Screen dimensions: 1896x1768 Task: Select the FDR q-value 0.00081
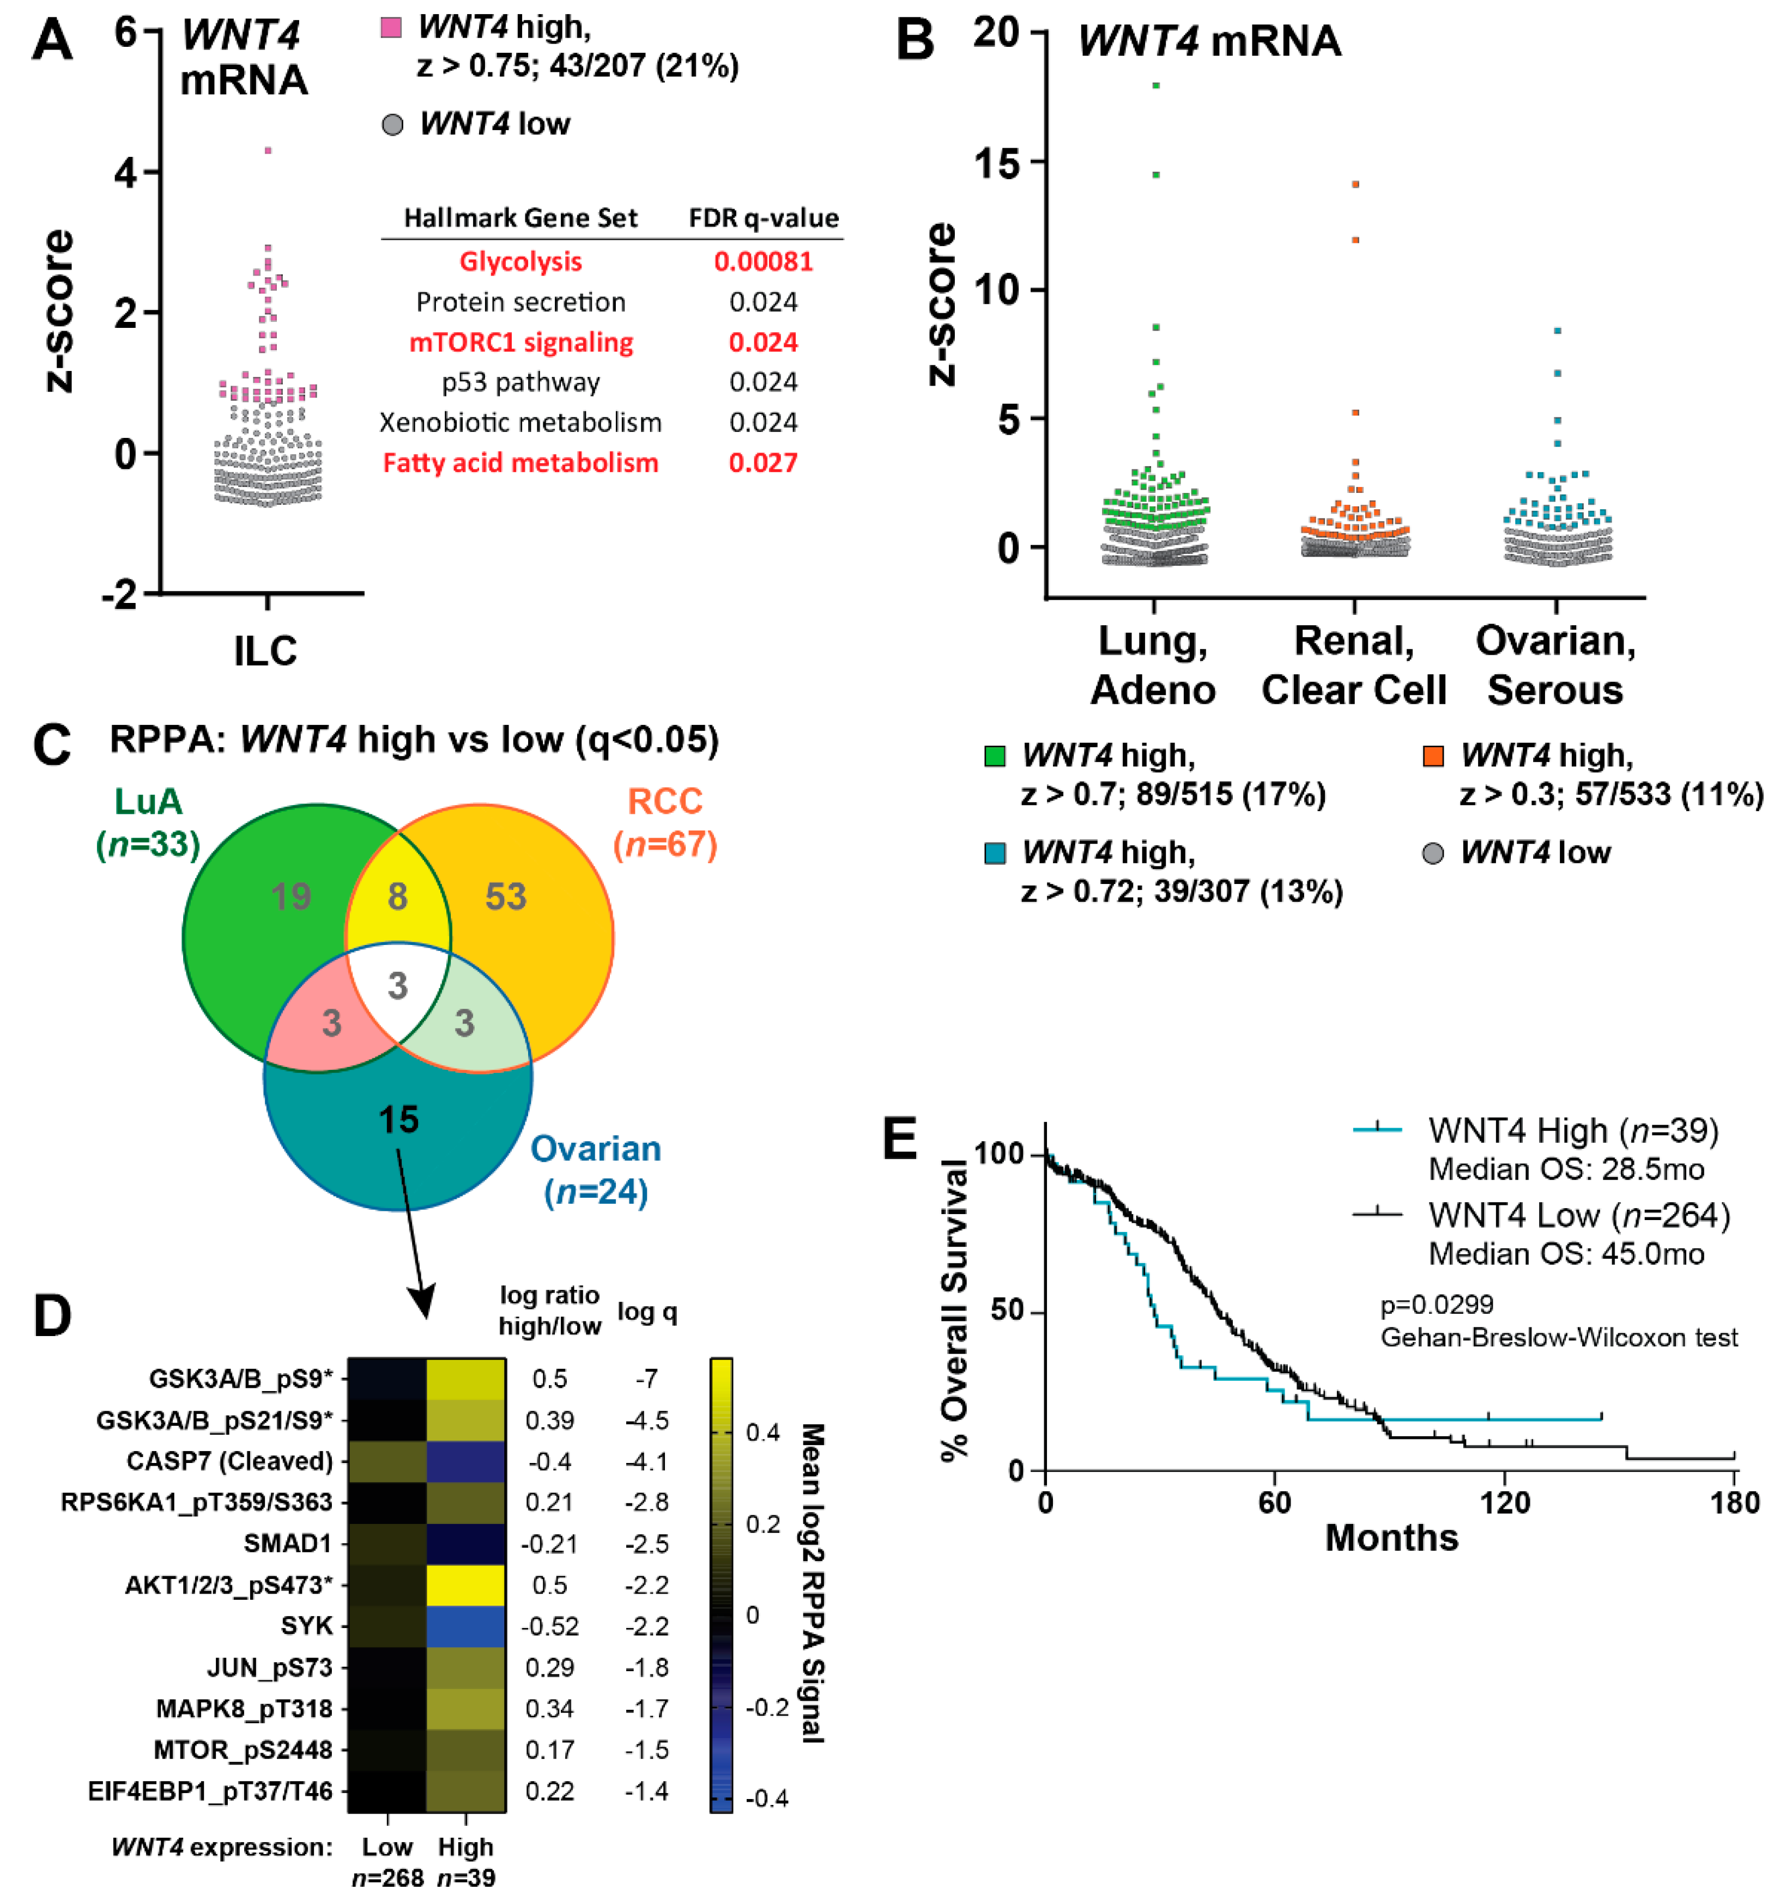(x=764, y=261)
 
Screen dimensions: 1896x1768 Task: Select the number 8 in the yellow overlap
(x=397, y=897)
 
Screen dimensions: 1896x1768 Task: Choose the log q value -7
(x=646, y=1379)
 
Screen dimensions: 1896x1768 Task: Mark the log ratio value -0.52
(x=549, y=1625)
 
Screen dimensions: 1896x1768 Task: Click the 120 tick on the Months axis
(x=1505, y=1503)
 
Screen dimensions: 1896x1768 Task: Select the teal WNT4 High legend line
(x=1377, y=1130)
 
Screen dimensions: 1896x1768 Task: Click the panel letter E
(x=901, y=1139)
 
